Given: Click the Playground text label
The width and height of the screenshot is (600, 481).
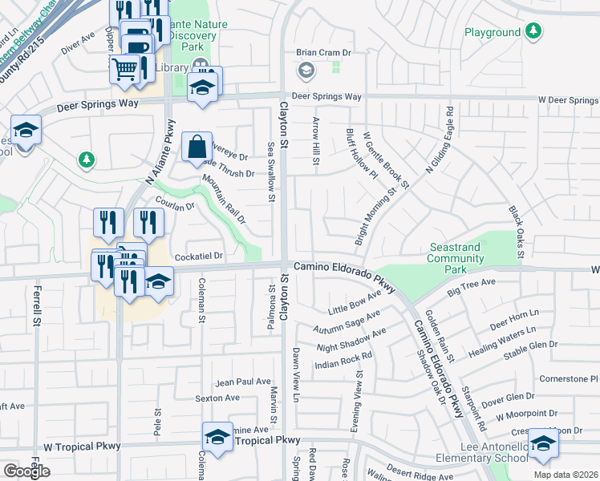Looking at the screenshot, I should point(493,32).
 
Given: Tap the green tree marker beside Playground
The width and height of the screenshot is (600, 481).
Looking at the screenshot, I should point(533,32).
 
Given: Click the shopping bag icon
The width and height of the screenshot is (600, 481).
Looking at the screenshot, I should point(197,148).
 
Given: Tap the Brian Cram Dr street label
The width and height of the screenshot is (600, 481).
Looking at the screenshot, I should point(324,53).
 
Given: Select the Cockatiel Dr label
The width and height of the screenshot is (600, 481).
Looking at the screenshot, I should point(198,256).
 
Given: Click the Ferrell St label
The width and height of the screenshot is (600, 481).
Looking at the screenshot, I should point(36,305).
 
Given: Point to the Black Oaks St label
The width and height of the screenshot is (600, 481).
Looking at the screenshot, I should point(516,232).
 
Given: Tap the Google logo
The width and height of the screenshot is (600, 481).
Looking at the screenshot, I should point(26,471).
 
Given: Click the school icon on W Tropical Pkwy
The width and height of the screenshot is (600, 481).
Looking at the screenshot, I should point(217,438).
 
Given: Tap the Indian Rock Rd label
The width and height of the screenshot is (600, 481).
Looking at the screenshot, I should point(345,360).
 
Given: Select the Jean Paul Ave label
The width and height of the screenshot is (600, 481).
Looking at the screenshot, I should point(243,382).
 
